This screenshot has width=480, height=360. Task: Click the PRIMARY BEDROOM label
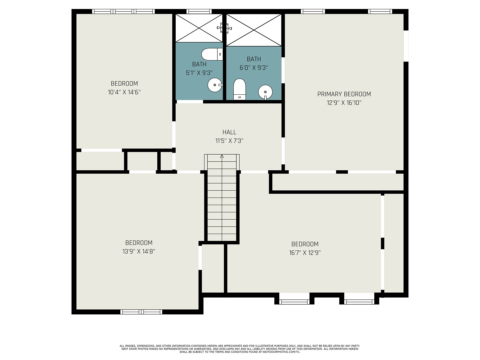point(344,94)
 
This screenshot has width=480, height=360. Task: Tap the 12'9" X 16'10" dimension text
point(344,103)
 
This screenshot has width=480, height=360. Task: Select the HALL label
point(229,132)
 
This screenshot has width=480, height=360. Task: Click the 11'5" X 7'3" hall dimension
point(229,141)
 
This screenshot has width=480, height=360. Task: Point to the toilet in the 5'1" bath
point(212,54)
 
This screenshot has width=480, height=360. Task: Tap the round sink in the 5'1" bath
point(214,85)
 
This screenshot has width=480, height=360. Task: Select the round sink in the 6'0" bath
point(265,92)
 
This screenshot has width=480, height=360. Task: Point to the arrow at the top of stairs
point(222,156)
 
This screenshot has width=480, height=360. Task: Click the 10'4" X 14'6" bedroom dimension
point(124,92)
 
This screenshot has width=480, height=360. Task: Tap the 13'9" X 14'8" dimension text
point(139,251)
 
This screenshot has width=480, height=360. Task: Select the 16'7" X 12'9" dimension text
point(305,253)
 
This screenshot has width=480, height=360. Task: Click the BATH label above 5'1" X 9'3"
point(199,64)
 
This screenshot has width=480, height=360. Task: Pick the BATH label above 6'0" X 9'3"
point(254,59)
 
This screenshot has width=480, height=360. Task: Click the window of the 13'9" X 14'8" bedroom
point(141,312)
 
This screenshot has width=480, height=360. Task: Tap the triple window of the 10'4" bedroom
point(123,11)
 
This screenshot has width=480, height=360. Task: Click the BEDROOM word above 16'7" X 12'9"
point(305,244)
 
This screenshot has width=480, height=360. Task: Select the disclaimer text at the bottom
point(240,349)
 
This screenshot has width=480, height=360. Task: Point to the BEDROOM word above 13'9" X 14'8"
point(139,243)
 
